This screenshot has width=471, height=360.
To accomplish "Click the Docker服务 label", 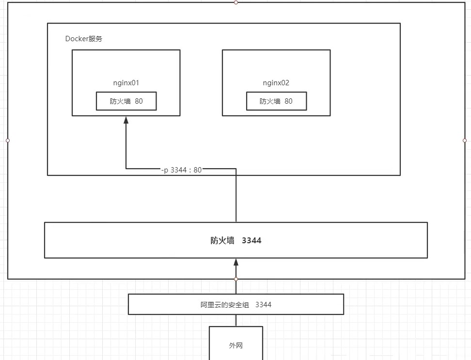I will tap(84, 39).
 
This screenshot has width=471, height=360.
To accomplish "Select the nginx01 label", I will tap(126, 83).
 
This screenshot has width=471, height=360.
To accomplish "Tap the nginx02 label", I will tap(276, 83).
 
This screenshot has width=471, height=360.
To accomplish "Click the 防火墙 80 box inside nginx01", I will tap(126, 101).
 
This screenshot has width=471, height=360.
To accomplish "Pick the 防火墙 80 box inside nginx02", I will tap(276, 101).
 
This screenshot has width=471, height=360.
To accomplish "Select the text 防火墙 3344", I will tap(236, 240).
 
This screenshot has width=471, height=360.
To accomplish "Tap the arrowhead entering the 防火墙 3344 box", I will tap(236, 262).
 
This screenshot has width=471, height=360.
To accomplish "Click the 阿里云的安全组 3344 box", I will tap(236, 305).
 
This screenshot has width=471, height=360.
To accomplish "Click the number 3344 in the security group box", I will tap(263, 305).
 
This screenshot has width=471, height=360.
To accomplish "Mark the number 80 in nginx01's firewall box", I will tap(139, 101).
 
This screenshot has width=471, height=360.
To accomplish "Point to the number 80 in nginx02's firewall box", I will tap(288, 101).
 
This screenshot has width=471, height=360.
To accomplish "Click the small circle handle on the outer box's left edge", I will tap(8, 141).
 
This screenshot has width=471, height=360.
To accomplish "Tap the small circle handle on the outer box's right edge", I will tap(465, 141).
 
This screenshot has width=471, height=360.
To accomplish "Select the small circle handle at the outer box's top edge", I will tap(236, 2).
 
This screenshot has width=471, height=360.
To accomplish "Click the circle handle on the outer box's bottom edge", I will tap(236, 279).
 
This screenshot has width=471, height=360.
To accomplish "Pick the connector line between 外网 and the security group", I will tap(236, 320).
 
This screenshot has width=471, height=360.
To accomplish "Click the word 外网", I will tap(236, 346).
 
